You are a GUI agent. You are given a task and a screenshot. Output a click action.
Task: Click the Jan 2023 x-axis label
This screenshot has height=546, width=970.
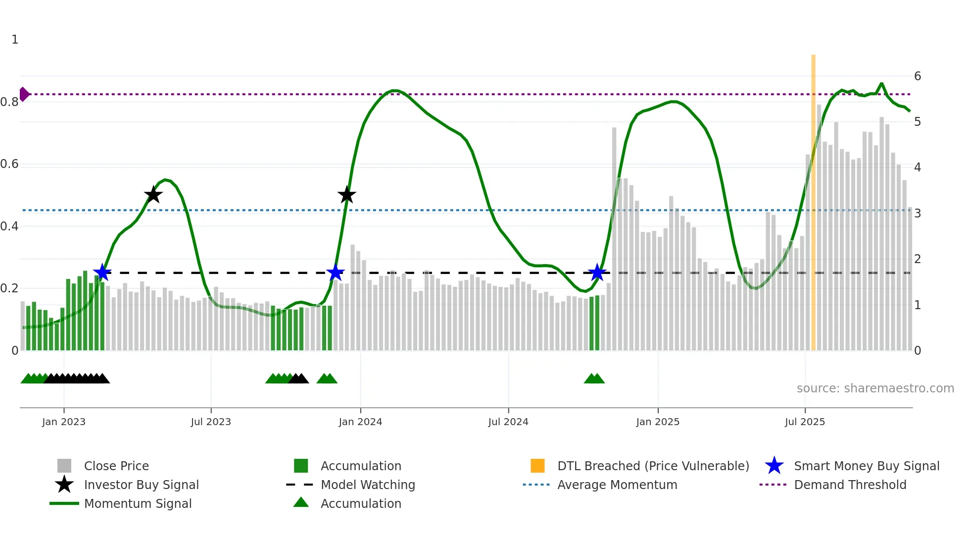(x=64, y=422)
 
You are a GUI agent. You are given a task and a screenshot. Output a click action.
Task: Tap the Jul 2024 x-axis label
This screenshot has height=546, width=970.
(x=508, y=422)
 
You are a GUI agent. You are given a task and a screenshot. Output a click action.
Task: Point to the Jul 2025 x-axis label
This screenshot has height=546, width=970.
(x=805, y=422)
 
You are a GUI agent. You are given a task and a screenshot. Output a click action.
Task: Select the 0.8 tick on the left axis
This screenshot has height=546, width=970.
(x=9, y=102)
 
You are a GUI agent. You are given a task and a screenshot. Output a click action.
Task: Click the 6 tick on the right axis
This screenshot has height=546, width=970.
(x=918, y=76)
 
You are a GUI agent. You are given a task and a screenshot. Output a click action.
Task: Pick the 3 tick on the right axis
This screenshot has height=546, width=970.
(x=918, y=214)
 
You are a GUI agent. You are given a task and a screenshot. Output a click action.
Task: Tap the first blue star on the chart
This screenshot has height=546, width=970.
(x=102, y=272)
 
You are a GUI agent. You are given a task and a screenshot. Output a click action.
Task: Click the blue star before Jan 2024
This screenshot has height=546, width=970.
(x=336, y=273)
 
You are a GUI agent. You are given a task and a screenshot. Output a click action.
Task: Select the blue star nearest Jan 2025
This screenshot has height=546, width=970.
(x=597, y=273)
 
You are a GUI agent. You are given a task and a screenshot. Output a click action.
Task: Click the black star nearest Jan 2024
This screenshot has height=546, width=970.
(x=347, y=195)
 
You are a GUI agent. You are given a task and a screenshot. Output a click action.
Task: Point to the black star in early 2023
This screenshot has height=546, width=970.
(x=153, y=195)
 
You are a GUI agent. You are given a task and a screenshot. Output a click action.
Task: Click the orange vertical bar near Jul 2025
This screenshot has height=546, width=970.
(x=813, y=198)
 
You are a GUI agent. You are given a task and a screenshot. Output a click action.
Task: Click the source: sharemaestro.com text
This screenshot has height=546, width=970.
(x=875, y=388)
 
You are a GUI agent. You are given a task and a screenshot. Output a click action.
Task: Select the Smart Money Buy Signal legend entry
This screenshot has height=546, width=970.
(x=866, y=466)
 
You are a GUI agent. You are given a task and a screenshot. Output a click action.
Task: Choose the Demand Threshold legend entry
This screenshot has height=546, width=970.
(x=850, y=485)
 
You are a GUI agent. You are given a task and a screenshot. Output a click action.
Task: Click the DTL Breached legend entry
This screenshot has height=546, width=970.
(x=653, y=466)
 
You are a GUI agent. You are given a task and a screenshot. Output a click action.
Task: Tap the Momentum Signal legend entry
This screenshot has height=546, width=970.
(x=138, y=503)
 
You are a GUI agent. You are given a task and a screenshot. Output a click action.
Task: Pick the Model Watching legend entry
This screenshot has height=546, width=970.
(x=367, y=485)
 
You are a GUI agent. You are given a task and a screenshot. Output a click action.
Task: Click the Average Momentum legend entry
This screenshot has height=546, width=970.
(x=617, y=485)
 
